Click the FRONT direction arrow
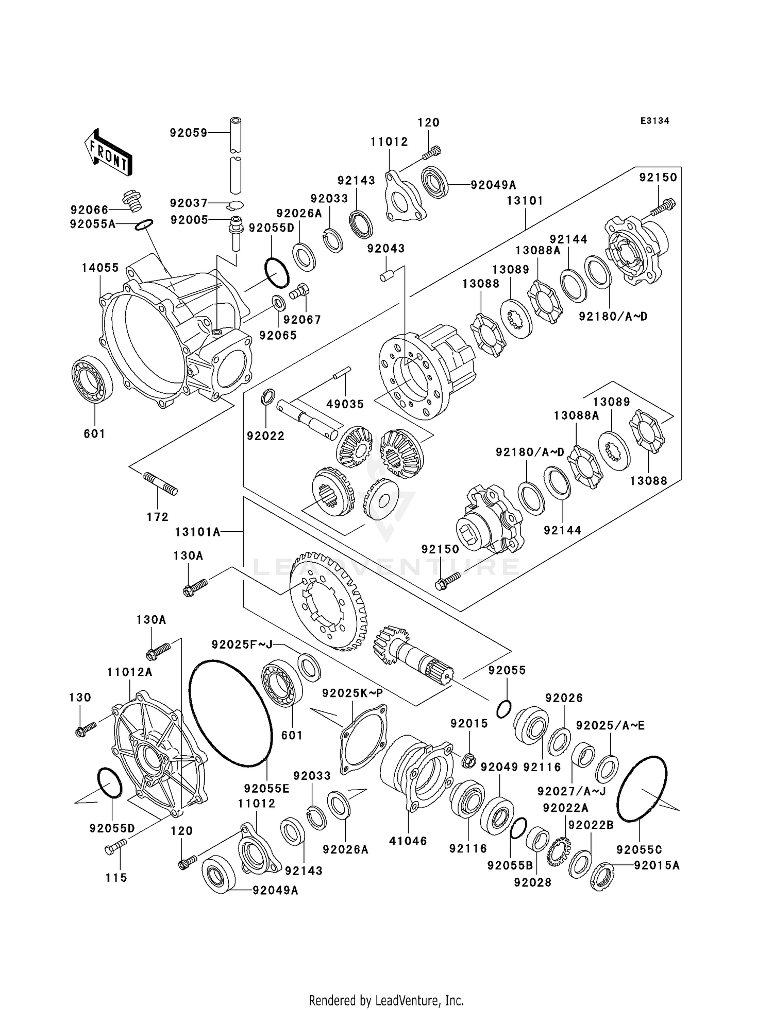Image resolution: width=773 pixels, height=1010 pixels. point(107,152)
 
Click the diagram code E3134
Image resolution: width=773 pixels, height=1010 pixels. point(654,121)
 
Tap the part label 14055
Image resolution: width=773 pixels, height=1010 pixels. point(100,268)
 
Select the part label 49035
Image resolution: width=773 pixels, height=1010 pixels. point(345,404)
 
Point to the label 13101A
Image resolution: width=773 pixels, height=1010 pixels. point(197,532)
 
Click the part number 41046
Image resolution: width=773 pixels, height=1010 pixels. point(408,841)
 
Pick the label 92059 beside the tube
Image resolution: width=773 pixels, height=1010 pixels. point(189,133)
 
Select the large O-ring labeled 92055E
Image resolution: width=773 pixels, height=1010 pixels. point(230,713)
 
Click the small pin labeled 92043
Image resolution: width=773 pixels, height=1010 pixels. point(386,275)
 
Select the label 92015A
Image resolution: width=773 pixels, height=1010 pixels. point(657,865)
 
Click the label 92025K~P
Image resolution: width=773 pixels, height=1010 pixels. point(352,693)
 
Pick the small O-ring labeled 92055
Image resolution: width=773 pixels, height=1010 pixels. point(504,709)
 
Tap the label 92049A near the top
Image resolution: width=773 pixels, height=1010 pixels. point(493,185)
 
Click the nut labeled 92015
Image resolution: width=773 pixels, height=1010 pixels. point(468,760)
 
